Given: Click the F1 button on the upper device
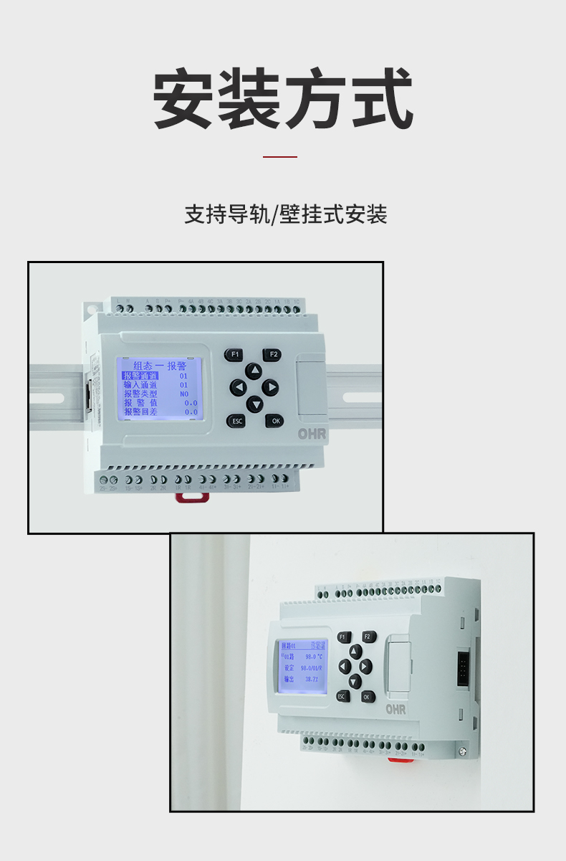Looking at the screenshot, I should [234, 354].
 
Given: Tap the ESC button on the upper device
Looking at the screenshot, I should [236, 421].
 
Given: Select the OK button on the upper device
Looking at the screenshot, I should [275, 421].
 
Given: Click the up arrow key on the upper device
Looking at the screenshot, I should [254, 371].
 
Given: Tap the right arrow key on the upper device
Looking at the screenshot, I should [270, 388].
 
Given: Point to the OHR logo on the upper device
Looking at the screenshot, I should [312, 434].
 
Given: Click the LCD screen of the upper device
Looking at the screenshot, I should [159, 389].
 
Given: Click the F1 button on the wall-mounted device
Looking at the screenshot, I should [342, 637].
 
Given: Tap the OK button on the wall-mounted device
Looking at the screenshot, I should [368, 696].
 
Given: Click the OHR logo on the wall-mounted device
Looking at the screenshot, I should [395, 709].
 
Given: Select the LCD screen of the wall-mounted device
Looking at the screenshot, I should [303, 667].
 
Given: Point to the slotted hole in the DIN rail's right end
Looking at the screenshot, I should [362, 396].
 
